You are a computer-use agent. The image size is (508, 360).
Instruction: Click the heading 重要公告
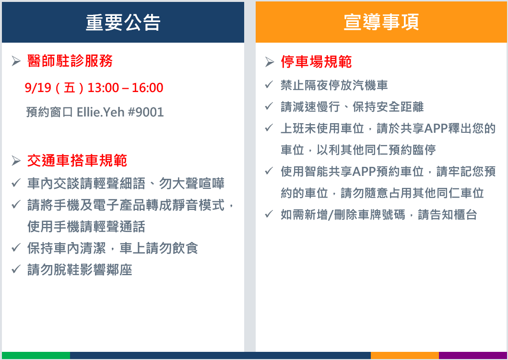click(123, 23)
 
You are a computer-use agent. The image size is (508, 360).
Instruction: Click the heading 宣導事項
click(381, 22)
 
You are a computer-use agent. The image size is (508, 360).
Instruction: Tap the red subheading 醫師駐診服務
click(70, 61)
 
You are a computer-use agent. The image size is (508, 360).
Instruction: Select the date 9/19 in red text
click(38, 88)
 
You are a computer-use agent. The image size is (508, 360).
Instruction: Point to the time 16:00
click(147, 88)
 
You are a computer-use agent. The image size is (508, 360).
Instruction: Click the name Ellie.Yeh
click(100, 112)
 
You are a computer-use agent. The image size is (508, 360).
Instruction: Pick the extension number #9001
click(146, 112)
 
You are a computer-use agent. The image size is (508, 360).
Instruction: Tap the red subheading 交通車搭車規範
click(77, 161)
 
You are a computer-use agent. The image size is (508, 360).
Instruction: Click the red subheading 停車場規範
click(316, 61)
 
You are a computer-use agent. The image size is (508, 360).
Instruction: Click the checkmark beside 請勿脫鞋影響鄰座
click(16, 269)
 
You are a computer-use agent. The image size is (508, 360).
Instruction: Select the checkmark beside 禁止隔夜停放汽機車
click(269, 84)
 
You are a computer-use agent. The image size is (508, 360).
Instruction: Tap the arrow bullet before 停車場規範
click(270, 61)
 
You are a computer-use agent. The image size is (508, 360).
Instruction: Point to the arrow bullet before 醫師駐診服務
click(16, 61)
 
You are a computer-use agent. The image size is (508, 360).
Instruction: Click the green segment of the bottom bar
click(36, 355)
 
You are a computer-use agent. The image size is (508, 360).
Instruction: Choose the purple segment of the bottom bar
click(473, 355)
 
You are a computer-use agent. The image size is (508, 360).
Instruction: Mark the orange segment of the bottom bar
click(405, 355)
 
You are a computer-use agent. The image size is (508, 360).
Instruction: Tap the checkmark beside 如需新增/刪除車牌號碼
click(269, 214)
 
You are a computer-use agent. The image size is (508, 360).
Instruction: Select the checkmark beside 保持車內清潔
click(16, 248)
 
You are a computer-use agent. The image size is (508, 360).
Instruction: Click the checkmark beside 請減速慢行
click(269, 106)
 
